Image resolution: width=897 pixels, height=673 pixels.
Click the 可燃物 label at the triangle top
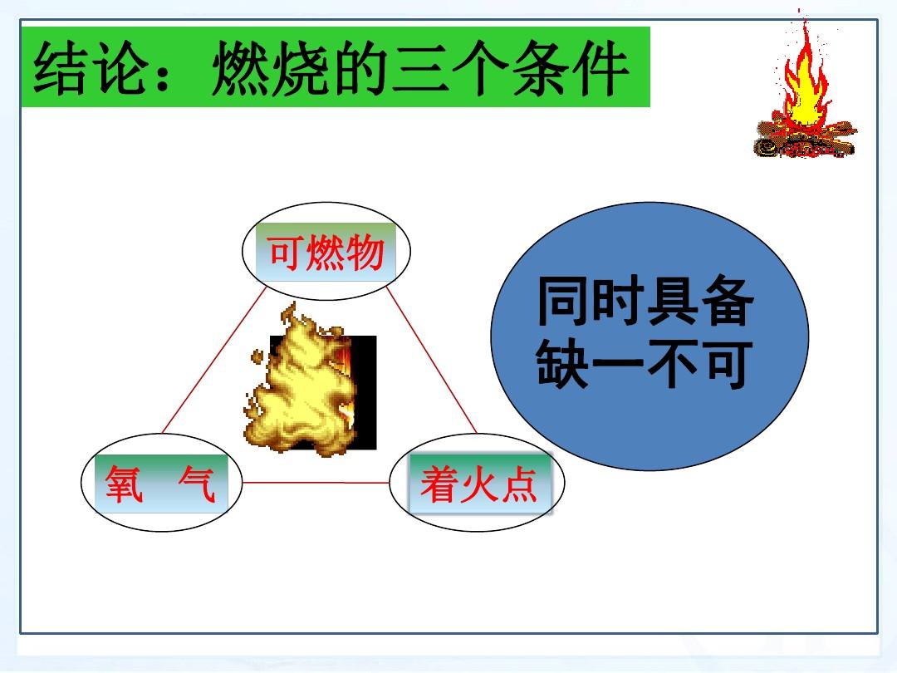[326, 253]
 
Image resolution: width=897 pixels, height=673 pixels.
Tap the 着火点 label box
[479, 484]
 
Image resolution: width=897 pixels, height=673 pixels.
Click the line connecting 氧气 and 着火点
[316, 483]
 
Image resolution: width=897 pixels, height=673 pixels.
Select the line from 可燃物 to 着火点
[431, 360]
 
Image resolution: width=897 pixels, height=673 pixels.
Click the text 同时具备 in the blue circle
[645, 302]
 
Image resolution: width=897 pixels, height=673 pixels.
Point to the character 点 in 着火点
[518, 484]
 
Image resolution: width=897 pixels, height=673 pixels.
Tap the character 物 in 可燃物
[365, 253]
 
